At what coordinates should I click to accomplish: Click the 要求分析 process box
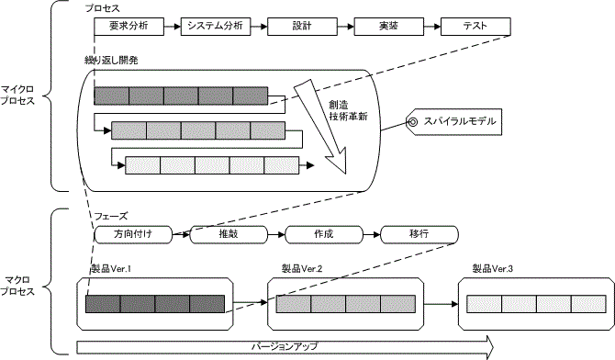(129, 26)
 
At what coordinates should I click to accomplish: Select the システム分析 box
(215, 26)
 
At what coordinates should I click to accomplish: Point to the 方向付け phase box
(134, 234)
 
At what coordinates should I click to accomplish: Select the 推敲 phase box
(229, 234)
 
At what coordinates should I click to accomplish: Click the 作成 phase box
(323, 234)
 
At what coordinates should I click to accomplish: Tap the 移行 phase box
(419, 234)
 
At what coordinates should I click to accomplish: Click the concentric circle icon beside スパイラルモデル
(414, 122)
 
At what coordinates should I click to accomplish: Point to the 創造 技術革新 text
(348, 110)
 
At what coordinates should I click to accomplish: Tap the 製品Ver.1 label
(112, 269)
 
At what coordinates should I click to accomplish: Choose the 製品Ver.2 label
(302, 269)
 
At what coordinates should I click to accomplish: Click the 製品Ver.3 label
(492, 269)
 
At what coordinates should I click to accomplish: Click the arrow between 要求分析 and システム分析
(172, 26)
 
